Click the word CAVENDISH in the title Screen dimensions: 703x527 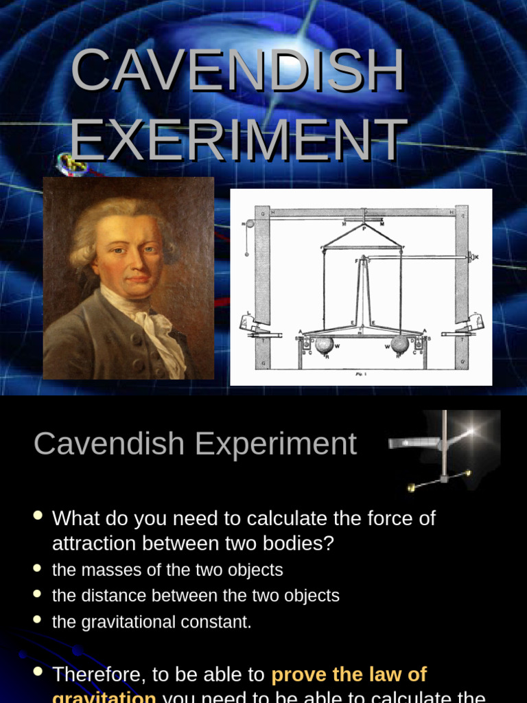237,71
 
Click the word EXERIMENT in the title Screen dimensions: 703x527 237,141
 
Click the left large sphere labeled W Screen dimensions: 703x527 325,343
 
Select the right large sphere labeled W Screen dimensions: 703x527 400,343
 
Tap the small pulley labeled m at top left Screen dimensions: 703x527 249,223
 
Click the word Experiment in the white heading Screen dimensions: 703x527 276,443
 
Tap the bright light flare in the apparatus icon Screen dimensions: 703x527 471,430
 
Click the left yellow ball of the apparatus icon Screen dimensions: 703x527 412,487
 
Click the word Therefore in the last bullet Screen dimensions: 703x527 98,675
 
